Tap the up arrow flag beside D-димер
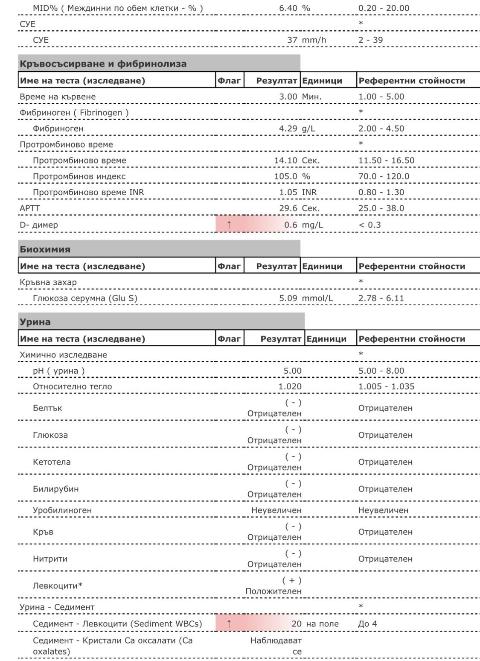[x=229, y=225]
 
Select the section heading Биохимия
[x=45, y=249]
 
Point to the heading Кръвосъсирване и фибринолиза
[x=103, y=64]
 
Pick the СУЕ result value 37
[x=292, y=40]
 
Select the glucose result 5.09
[x=288, y=298]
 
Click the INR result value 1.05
[x=288, y=192]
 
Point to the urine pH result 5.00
[x=292, y=371]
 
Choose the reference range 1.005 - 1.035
[x=387, y=386]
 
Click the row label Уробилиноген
[x=62, y=510]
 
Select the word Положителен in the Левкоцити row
[x=273, y=591]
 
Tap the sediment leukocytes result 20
[x=296, y=624]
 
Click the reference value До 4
[x=368, y=624]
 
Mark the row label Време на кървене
[x=58, y=97]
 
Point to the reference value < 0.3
[x=369, y=225]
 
